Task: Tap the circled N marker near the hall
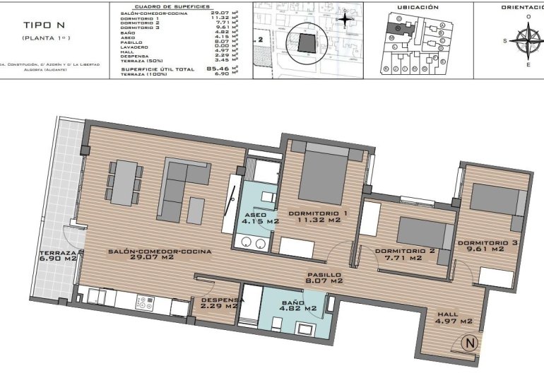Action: [468, 344]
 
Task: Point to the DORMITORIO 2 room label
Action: [405, 254]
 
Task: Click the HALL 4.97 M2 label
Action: [454, 318]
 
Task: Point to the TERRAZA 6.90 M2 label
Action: [58, 256]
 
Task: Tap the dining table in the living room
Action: [124, 181]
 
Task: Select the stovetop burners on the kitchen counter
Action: [145, 302]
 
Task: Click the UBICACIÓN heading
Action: [418, 7]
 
